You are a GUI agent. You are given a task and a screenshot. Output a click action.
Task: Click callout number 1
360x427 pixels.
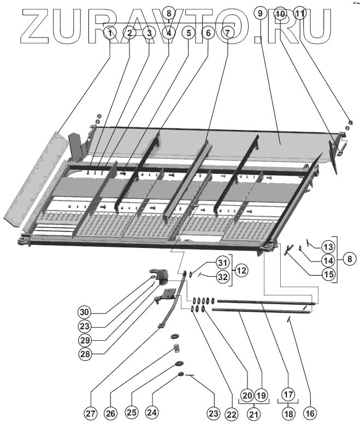(x=110, y=33)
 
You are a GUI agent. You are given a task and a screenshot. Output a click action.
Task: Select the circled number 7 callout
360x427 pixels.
(x=227, y=33)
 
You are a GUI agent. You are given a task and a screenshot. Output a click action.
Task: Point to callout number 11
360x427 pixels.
(x=299, y=13)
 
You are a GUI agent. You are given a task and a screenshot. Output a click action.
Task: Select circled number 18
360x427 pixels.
(x=288, y=413)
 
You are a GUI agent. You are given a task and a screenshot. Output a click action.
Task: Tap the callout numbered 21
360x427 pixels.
(x=253, y=413)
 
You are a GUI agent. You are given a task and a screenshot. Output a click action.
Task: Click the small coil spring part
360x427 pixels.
(x=176, y=348)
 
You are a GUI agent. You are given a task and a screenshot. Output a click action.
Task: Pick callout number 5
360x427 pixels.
(x=188, y=33)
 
